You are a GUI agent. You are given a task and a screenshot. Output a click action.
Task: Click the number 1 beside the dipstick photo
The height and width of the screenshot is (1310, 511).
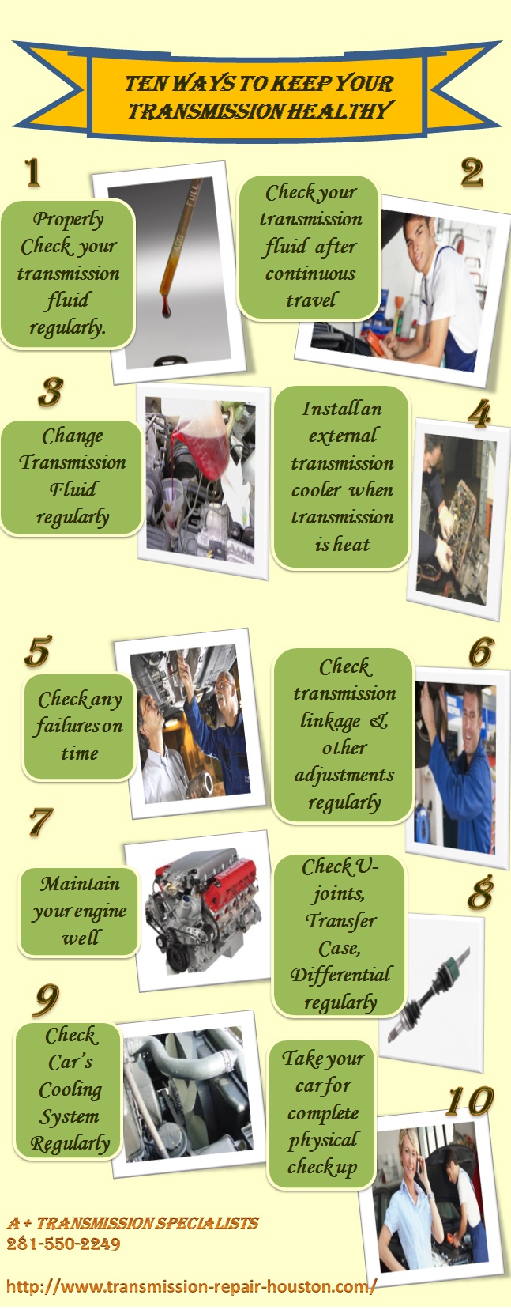[32, 172]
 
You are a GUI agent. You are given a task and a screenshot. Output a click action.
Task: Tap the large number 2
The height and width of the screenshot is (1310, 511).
[472, 172]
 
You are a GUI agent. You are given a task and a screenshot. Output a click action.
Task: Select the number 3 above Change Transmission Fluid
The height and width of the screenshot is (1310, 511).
[51, 392]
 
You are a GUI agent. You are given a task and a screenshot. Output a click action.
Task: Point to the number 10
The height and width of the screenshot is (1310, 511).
[469, 1101]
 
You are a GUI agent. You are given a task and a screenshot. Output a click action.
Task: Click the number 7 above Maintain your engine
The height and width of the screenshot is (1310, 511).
[40, 822]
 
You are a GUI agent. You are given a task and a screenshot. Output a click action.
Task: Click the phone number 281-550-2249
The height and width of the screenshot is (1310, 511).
[63, 1244]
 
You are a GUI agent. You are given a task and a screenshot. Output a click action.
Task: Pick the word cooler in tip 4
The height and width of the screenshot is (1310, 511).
[316, 490]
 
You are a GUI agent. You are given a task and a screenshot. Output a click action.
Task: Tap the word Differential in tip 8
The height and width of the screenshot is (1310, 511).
[340, 975]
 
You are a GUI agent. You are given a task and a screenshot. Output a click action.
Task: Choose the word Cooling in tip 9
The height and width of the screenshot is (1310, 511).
[70, 1089]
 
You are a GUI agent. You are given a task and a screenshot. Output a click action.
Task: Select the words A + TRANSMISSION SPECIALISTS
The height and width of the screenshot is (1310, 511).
[133, 1223]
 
